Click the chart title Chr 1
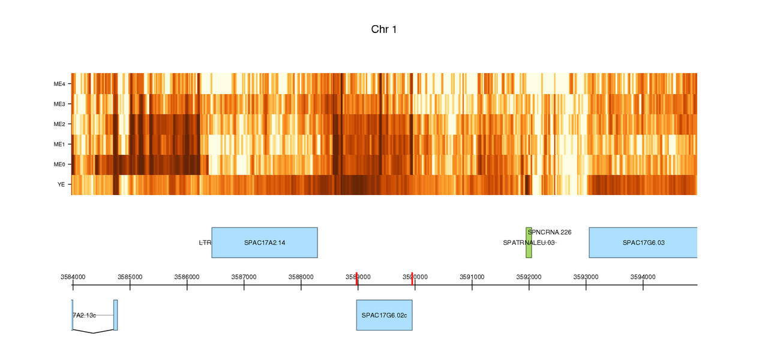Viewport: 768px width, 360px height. point(383,29)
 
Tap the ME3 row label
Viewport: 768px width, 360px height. point(59,104)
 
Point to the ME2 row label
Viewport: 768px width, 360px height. point(59,125)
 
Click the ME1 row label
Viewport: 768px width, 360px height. point(59,145)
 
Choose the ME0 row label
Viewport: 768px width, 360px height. point(59,165)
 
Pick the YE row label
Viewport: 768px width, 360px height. point(61,185)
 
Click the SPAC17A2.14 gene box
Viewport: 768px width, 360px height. point(264,243)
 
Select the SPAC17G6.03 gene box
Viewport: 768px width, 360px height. point(643,243)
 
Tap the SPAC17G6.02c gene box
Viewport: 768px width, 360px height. point(384,315)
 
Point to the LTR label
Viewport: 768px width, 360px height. point(205,243)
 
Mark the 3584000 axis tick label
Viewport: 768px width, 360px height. point(73,277)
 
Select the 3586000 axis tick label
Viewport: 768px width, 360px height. point(187,277)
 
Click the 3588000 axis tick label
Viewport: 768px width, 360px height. point(301,277)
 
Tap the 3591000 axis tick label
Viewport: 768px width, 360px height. point(472,277)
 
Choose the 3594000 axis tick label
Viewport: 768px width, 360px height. point(643,277)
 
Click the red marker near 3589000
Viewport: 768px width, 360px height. point(356,279)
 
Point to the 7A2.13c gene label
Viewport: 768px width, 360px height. point(85,315)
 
